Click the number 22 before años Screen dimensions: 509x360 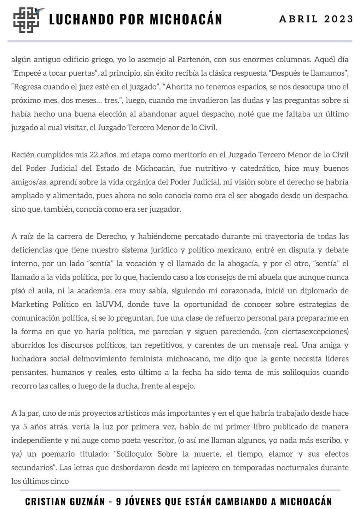[x=92, y=155]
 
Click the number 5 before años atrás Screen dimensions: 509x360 [x=25, y=427]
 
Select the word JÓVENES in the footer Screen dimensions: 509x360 [x=141, y=501]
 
